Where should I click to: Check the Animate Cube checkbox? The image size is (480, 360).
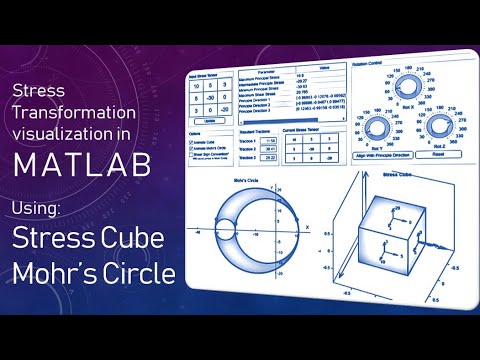[192, 142]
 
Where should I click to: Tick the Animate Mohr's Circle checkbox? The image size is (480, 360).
[192, 150]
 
